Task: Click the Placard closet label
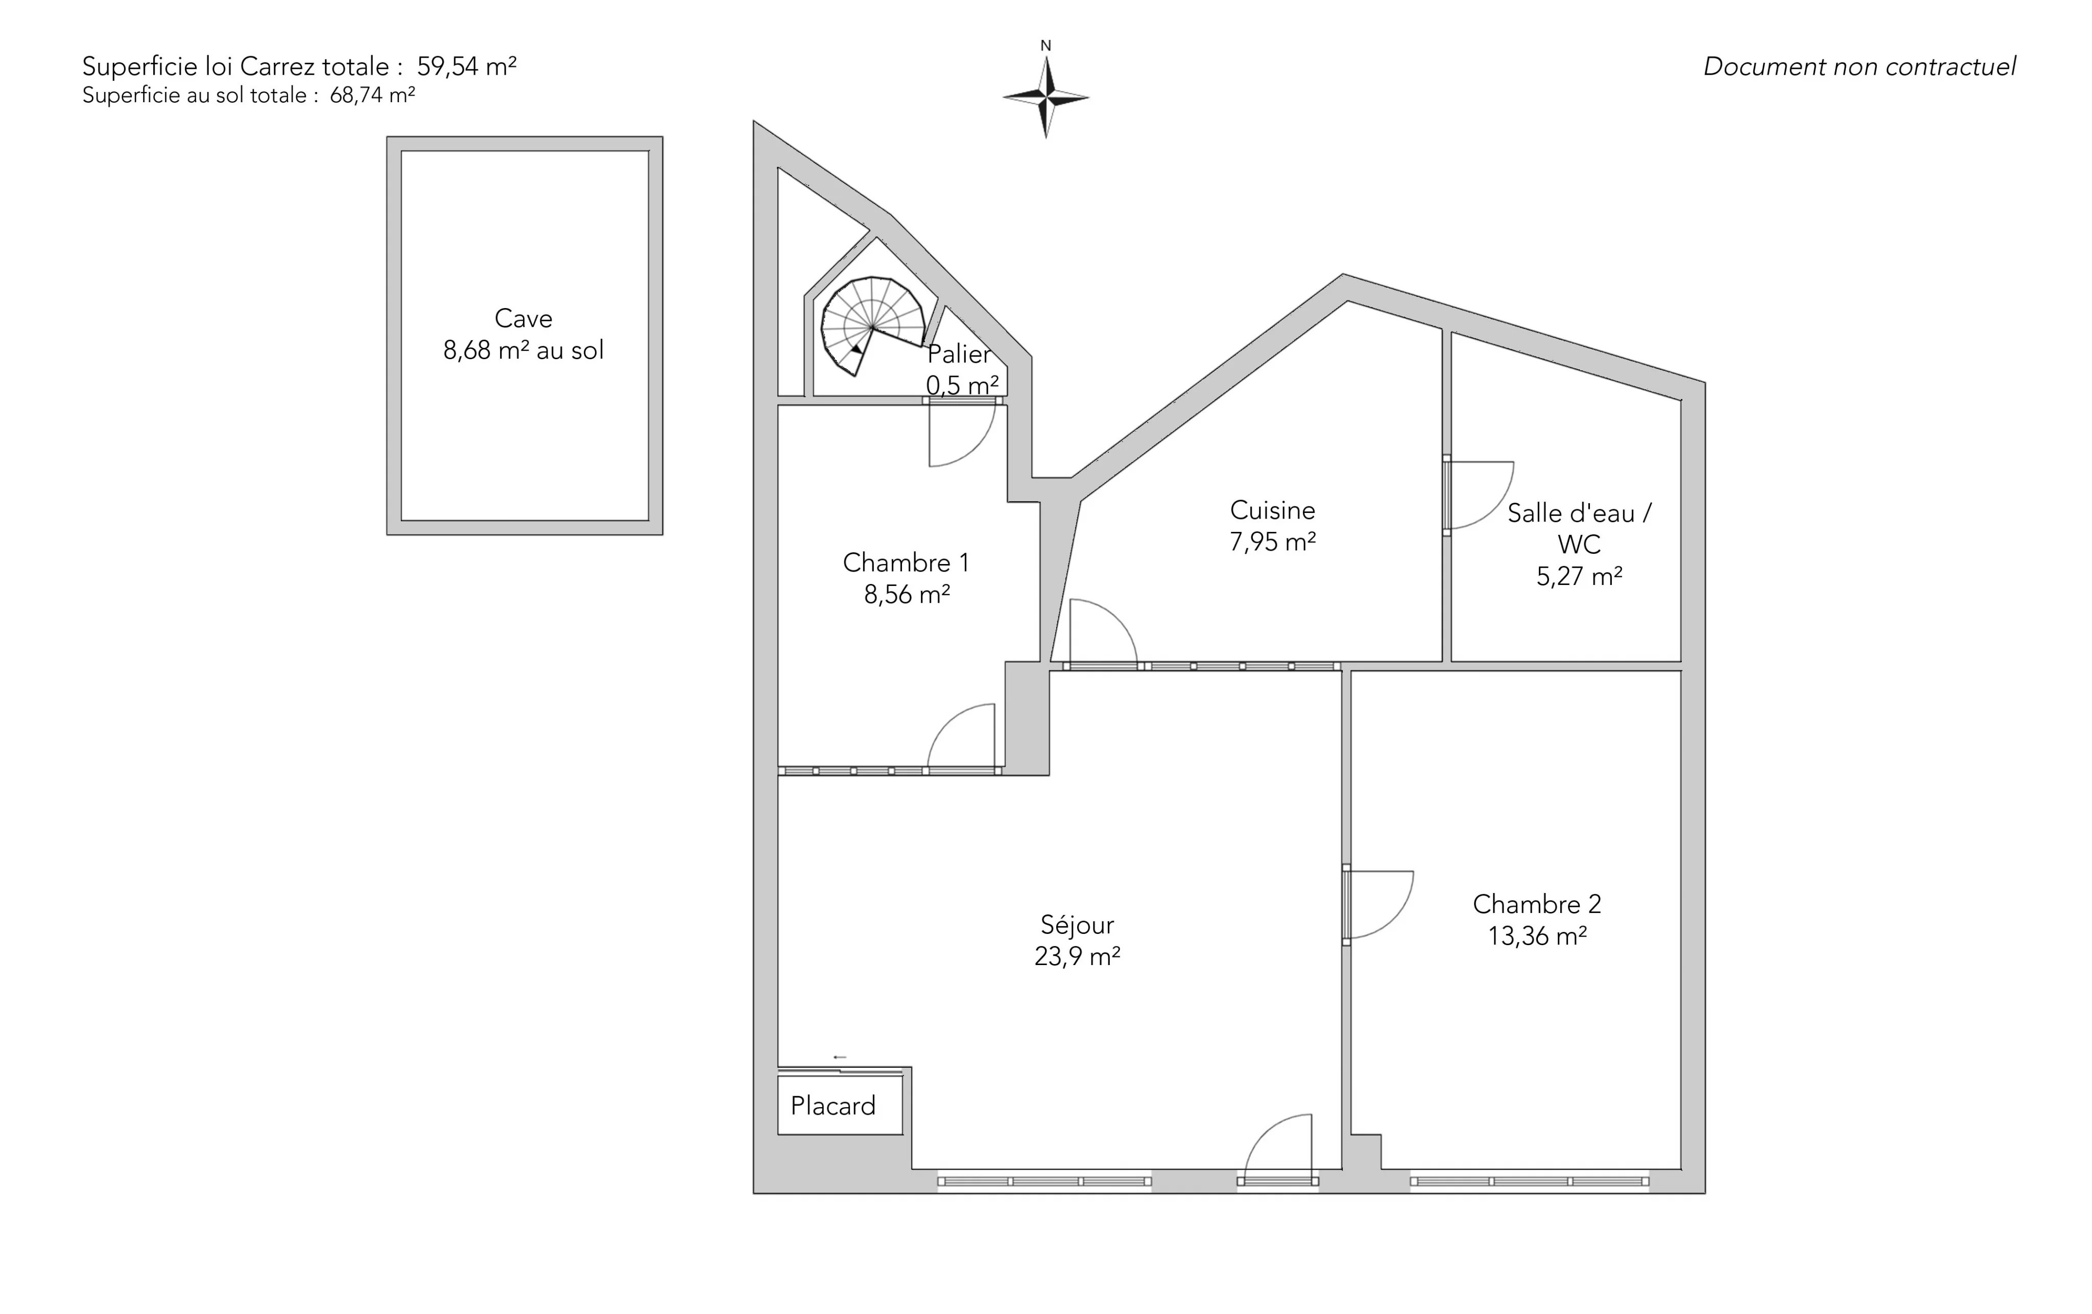(x=833, y=1106)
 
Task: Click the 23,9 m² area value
(x=1077, y=956)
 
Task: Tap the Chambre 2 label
(x=1537, y=904)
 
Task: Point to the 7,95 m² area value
(x=1273, y=542)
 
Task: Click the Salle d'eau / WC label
(x=1579, y=528)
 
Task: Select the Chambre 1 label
(x=906, y=562)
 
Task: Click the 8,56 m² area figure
(x=906, y=595)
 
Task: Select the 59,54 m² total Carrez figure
(x=466, y=66)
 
